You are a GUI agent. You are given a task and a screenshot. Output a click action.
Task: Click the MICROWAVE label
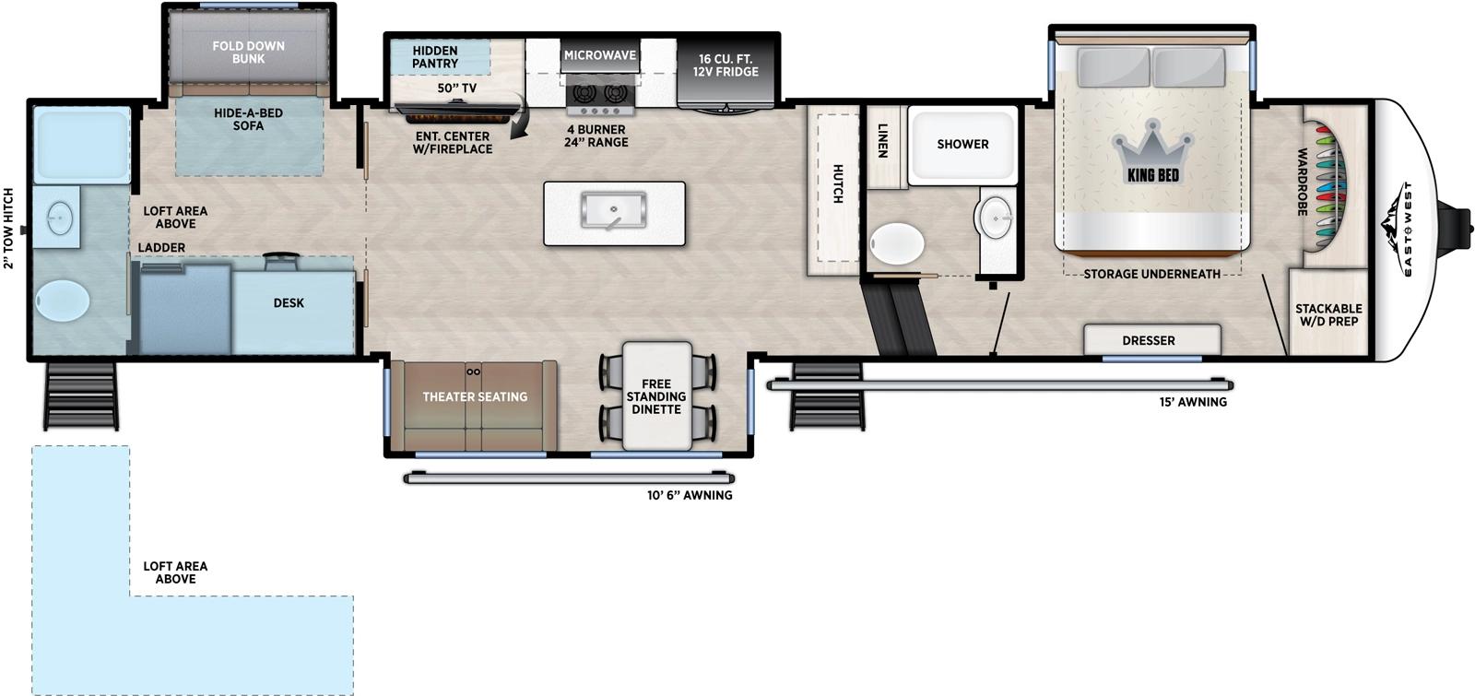[x=600, y=55]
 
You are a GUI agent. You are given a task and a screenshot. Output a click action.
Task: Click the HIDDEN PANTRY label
[x=435, y=57]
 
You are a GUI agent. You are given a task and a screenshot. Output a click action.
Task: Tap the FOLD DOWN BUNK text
[x=248, y=52]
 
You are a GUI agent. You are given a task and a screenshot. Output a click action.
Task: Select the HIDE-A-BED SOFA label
[x=248, y=119]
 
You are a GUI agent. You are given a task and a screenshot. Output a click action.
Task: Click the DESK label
[x=289, y=302]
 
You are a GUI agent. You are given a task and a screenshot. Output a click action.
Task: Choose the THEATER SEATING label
[x=475, y=396]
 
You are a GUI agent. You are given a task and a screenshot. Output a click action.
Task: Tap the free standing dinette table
[x=656, y=396]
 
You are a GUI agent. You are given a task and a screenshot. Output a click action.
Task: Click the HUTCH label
[x=838, y=183]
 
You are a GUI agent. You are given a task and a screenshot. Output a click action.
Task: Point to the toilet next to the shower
[x=896, y=244]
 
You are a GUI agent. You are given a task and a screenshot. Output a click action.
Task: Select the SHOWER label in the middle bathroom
[x=962, y=144]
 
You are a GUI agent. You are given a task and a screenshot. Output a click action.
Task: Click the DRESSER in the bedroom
[x=1149, y=340]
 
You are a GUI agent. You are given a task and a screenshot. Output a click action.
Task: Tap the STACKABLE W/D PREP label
[x=1328, y=315]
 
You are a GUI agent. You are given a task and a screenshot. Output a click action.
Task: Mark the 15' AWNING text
[x=1193, y=402]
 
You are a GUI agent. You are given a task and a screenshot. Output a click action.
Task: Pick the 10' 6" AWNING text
[x=690, y=495]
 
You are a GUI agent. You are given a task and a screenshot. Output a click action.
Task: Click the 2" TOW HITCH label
[x=9, y=228]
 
